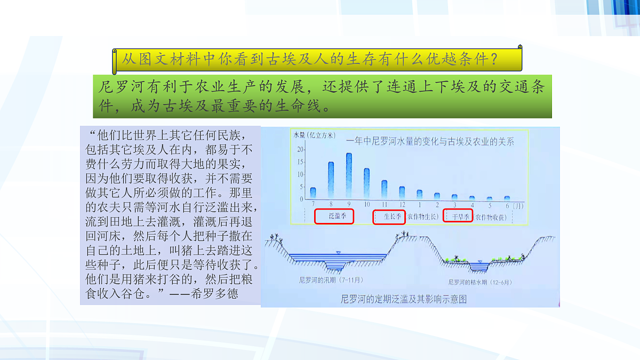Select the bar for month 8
(x=331, y=180)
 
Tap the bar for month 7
(x=313, y=193)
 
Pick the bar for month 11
(x=384, y=189)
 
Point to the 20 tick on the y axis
(x=301, y=149)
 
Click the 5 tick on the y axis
(x=301, y=187)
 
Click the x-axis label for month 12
(x=402, y=205)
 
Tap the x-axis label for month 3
(x=454, y=205)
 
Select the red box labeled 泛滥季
(x=334, y=217)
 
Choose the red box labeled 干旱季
(x=458, y=217)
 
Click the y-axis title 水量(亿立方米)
(x=314, y=135)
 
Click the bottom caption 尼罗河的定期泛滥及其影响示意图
(x=403, y=299)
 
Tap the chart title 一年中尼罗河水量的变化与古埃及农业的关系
(x=430, y=141)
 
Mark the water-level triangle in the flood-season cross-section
(x=338, y=252)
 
